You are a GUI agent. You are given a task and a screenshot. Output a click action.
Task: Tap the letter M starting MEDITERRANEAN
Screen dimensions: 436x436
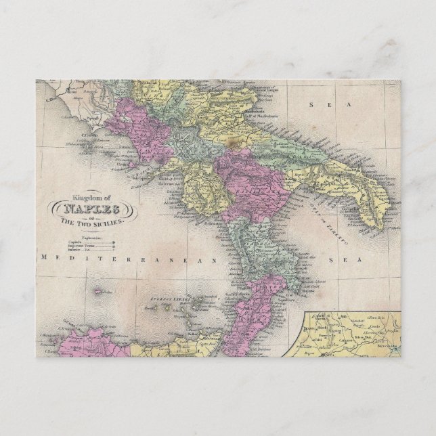[43, 258]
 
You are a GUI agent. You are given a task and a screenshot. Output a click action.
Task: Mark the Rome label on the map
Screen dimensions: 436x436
[49, 97]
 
